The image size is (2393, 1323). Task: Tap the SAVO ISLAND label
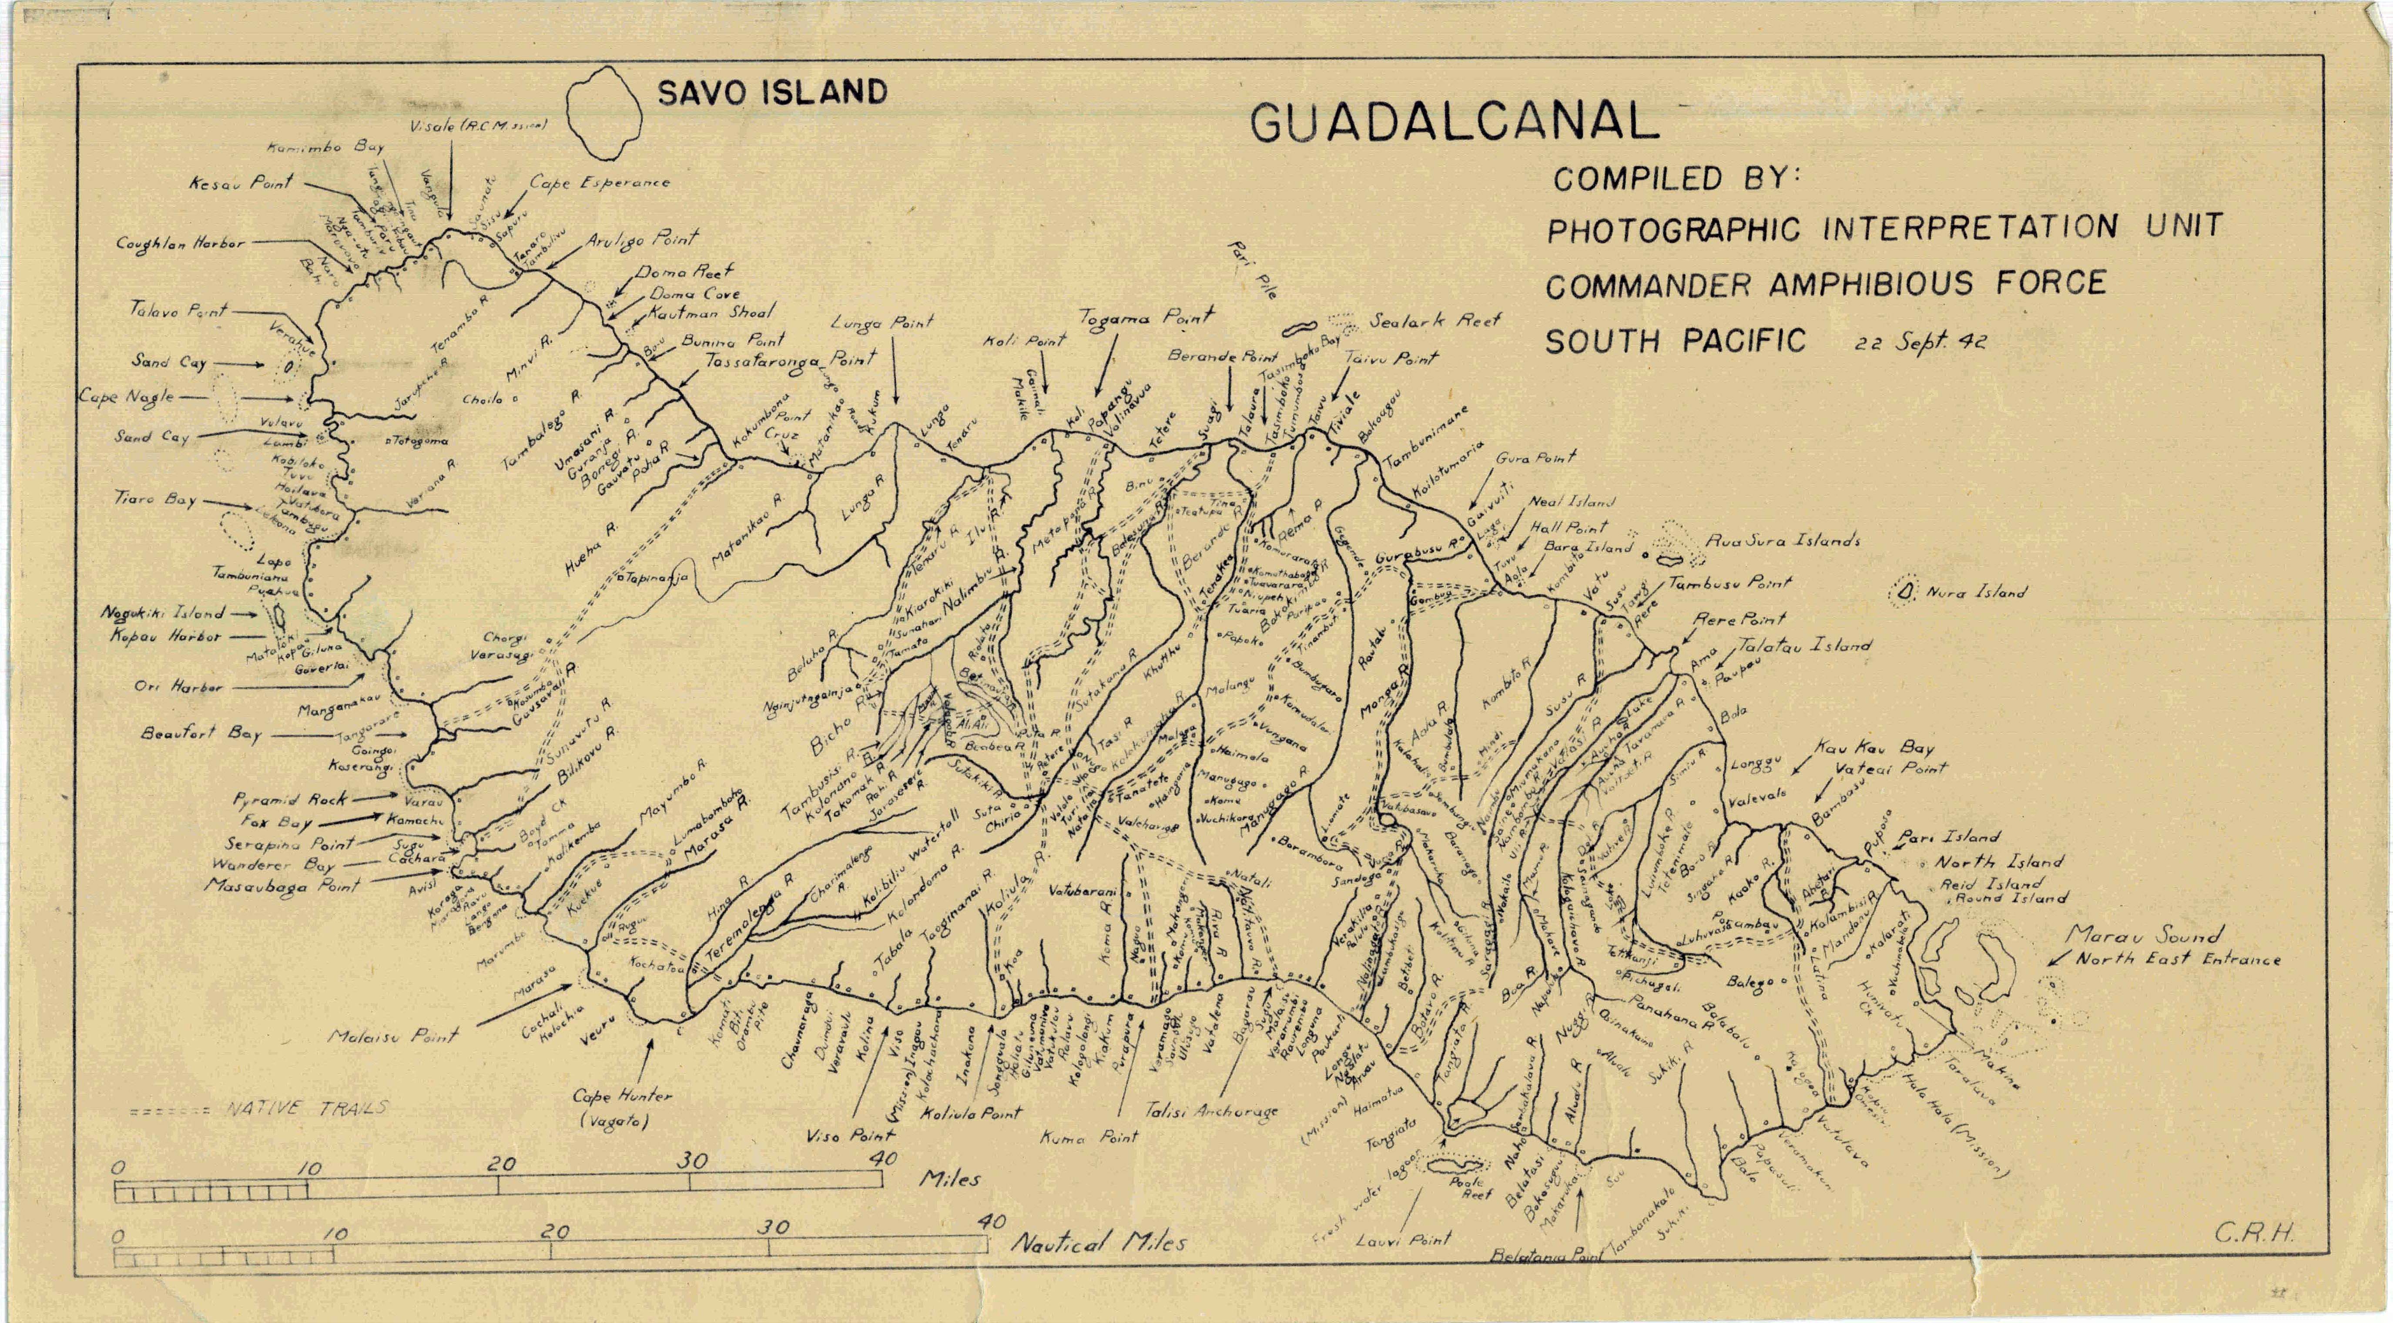pyautogui.click(x=772, y=92)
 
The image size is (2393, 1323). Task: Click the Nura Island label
pyautogui.click(x=1976, y=592)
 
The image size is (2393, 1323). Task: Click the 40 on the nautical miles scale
pyautogui.click(x=991, y=1221)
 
